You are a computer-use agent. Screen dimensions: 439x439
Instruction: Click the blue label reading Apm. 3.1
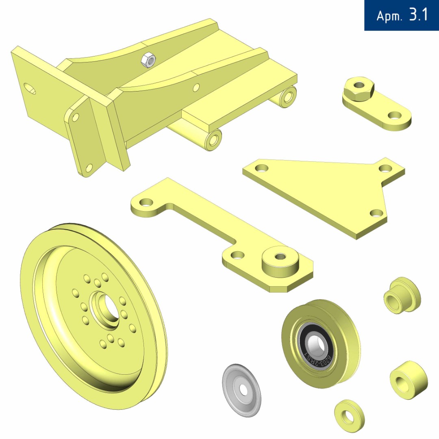pos(402,15)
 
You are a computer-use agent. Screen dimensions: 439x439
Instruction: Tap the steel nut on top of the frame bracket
pos(148,60)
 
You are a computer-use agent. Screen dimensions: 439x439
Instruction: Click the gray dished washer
pos(241,390)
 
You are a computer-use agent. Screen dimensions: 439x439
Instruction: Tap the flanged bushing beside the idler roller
pos(401,296)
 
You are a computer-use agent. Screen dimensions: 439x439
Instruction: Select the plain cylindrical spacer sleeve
pos(409,380)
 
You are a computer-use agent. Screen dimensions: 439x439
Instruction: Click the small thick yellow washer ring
pos(350,416)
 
